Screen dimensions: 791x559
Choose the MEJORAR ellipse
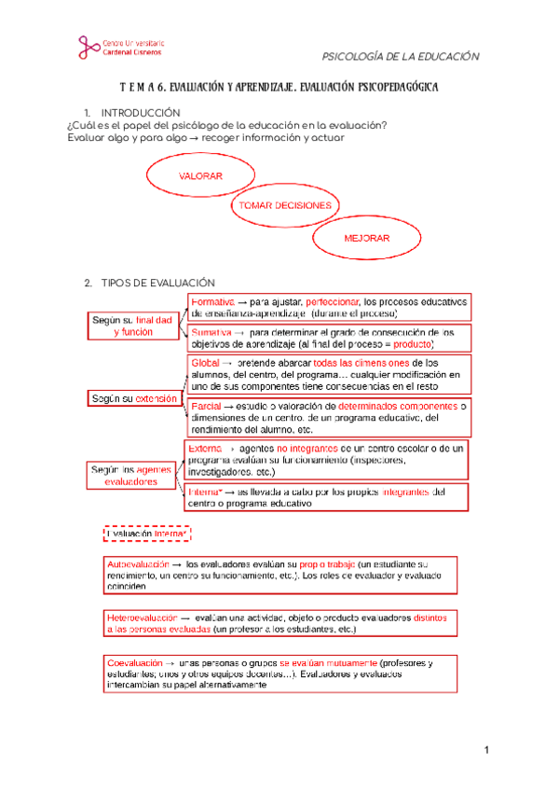pos(366,239)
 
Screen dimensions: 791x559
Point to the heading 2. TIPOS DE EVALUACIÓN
pos(149,282)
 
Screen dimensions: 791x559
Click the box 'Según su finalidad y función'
pos(132,326)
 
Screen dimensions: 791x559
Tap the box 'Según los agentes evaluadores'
pos(131,475)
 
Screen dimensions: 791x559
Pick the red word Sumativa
pos(211,332)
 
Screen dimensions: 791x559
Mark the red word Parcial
pos(206,407)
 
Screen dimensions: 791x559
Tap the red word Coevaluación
pos(135,662)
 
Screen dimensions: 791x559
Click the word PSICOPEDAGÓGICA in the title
pos(387,87)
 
